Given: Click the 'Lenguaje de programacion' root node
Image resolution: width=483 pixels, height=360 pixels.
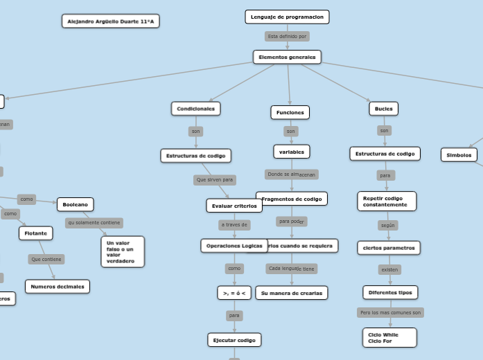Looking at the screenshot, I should (287, 17).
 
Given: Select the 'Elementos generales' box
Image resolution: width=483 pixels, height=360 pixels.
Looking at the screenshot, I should (287, 57).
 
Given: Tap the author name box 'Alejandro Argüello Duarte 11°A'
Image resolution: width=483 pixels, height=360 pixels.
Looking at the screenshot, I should (111, 21).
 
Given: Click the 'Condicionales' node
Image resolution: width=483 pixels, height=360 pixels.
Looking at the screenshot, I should (195, 109).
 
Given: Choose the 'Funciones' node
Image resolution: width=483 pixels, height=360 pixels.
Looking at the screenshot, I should (290, 112).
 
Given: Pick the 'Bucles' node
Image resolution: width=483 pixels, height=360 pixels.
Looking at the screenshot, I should (383, 109).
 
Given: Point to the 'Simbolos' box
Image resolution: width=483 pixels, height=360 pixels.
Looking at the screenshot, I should (459, 155).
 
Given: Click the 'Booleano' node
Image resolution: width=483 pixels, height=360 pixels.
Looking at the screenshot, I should (75, 204).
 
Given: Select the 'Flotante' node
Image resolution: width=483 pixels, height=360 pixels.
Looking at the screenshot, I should (35, 233).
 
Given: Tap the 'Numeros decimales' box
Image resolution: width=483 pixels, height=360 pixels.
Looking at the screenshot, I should (58, 287).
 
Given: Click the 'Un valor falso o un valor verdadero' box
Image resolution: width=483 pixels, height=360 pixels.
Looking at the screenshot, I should (123, 252).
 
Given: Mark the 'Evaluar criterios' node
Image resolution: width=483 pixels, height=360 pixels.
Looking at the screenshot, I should (234, 206).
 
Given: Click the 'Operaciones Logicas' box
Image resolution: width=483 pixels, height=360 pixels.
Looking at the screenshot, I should (234, 246).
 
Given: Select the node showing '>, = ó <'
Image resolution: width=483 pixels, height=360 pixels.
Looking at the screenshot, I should (234, 293).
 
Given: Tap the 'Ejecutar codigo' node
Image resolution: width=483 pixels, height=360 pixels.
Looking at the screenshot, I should (234, 340).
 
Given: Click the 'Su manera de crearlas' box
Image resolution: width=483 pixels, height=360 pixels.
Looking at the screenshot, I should (291, 293).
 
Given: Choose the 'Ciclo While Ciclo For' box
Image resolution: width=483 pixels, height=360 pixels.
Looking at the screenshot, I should (389, 338).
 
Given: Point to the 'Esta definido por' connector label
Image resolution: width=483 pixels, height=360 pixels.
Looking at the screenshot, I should (287, 36).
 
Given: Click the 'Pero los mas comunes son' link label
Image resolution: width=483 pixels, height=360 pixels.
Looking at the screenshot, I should (390, 313).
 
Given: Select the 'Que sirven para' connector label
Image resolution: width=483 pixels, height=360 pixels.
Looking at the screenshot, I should (215, 180).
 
